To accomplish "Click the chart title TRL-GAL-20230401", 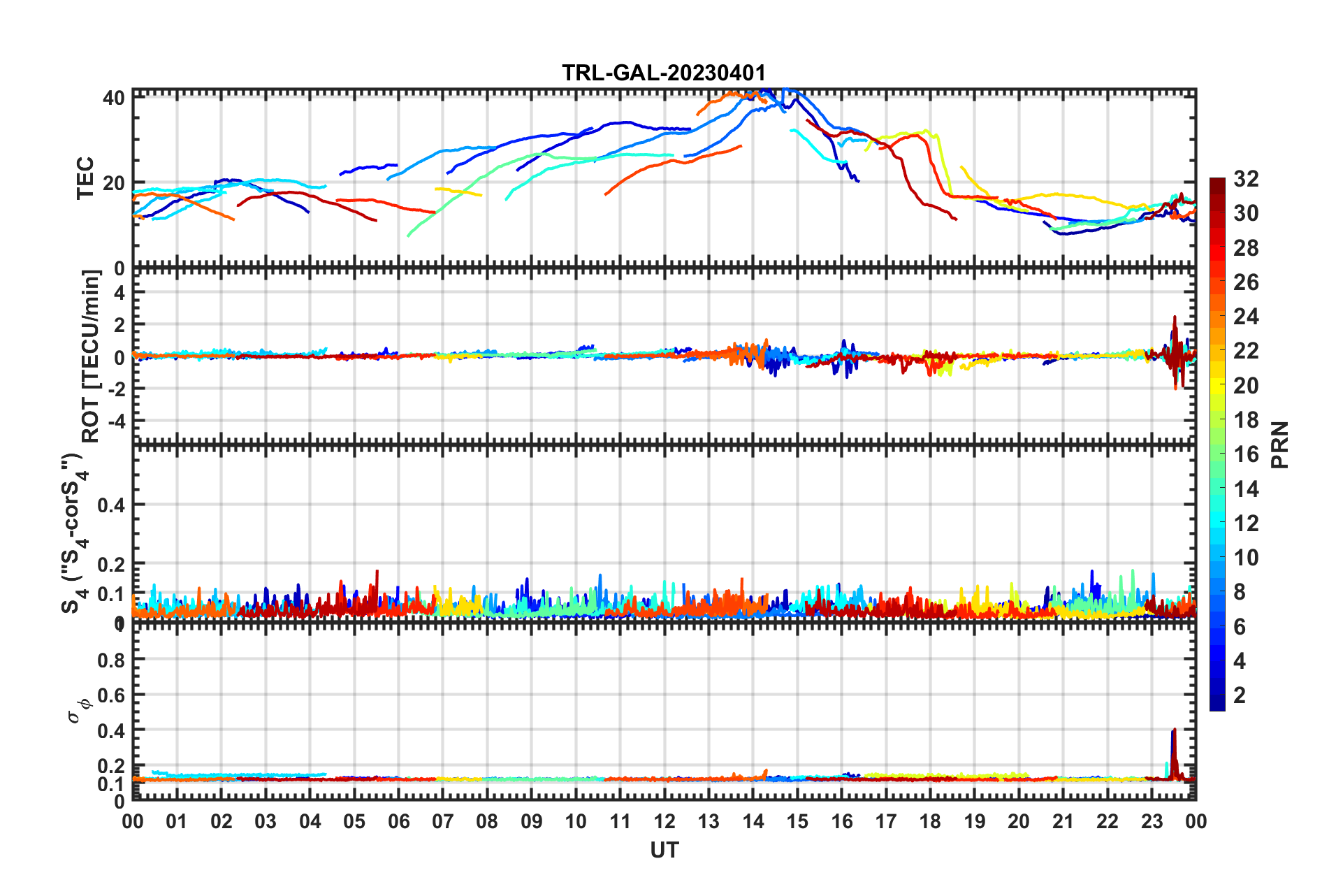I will pos(664,73).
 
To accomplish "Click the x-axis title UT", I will pos(664,850).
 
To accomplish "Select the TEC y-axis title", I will pos(85,179).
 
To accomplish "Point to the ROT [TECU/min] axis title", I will pos(91,356).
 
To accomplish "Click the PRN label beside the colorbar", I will pos(1279,445).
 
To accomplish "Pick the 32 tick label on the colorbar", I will pos(1246,179).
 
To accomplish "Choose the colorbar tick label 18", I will pos(1246,420).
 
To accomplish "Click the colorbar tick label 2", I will pos(1240,695).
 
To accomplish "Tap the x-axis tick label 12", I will pos(664,821).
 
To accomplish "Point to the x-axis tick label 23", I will pos(1152,821).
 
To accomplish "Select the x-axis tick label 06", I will pos(398,821).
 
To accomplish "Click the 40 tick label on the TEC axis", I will pos(114,98).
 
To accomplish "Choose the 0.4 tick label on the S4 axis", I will pos(110,505).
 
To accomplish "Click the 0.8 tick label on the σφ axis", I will pos(110,660).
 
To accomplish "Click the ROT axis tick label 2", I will pos(119,325).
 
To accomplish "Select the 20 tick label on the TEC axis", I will pos(114,183).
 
